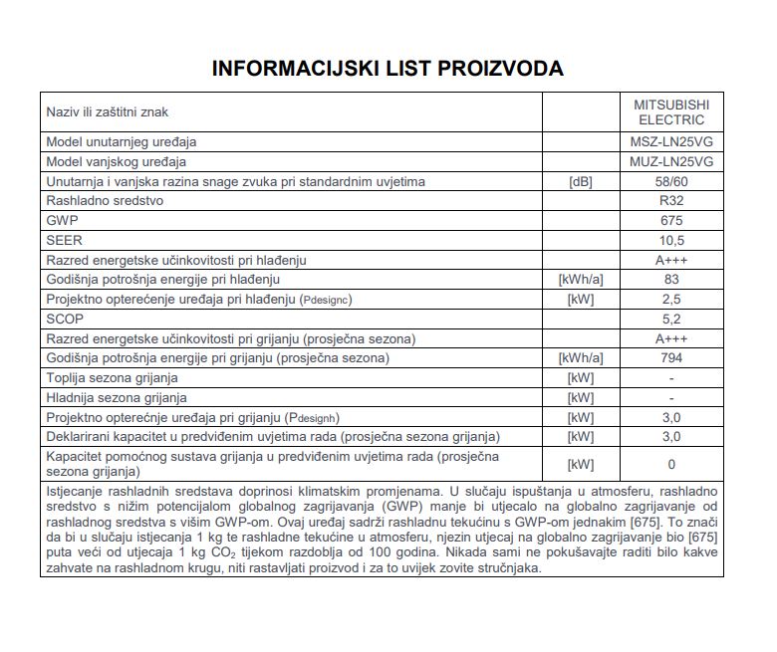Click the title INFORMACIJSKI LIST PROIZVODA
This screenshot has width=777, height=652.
click(388, 69)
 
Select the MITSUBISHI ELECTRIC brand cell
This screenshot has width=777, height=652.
click(671, 111)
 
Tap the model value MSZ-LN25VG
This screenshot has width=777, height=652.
click(671, 142)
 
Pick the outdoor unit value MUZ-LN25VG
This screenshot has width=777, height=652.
click(671, 161)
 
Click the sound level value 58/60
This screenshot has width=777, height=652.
click(671, 181)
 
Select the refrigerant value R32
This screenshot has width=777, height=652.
click(671, 200)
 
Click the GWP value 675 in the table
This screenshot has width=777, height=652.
click(671, 220)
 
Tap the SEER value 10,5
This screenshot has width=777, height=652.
click(671, 240)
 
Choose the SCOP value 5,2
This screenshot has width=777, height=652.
click(671, 319)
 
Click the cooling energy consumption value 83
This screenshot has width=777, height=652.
click(671, 280)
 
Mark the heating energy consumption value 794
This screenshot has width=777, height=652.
click(671, 357)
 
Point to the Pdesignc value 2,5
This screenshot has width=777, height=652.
click(671, 299)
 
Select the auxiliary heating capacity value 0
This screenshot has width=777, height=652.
click(671, 464)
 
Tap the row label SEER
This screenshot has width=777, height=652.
click(64, 240)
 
